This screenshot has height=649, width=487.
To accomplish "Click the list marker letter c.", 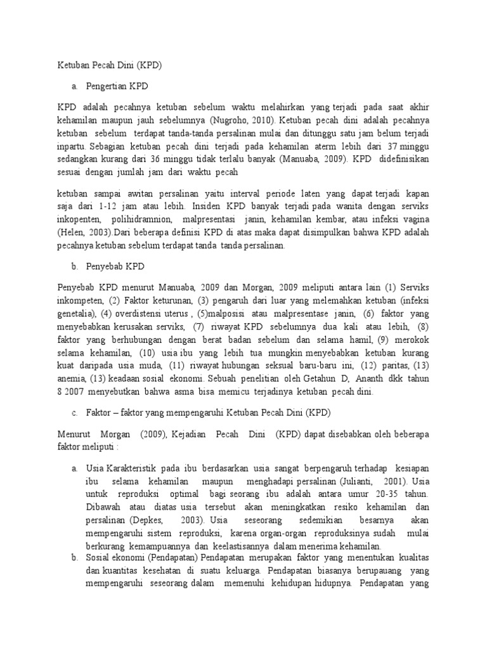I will (x=74, y=413).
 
